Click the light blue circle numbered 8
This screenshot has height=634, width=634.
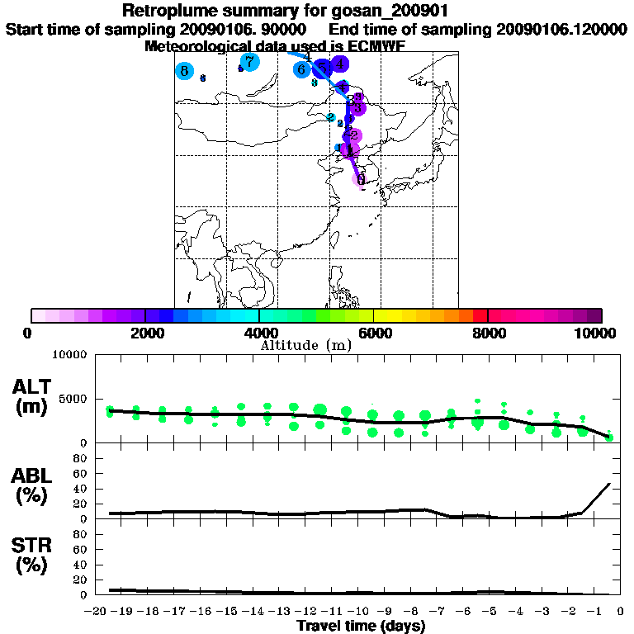click(184, 71)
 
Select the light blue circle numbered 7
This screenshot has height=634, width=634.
click(249, 61)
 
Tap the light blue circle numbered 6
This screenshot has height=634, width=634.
click(302, 69)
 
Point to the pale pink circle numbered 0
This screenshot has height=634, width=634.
click(360, 179)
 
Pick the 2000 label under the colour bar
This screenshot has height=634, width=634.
click(145, 334)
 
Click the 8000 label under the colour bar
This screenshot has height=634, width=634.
click(488, 334)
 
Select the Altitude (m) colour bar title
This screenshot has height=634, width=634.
click(306, 345)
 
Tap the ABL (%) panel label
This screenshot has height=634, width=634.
click(34, 486)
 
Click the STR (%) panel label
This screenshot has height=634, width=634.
click(34, 556)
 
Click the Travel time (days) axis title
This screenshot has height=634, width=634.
click(361, 626)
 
